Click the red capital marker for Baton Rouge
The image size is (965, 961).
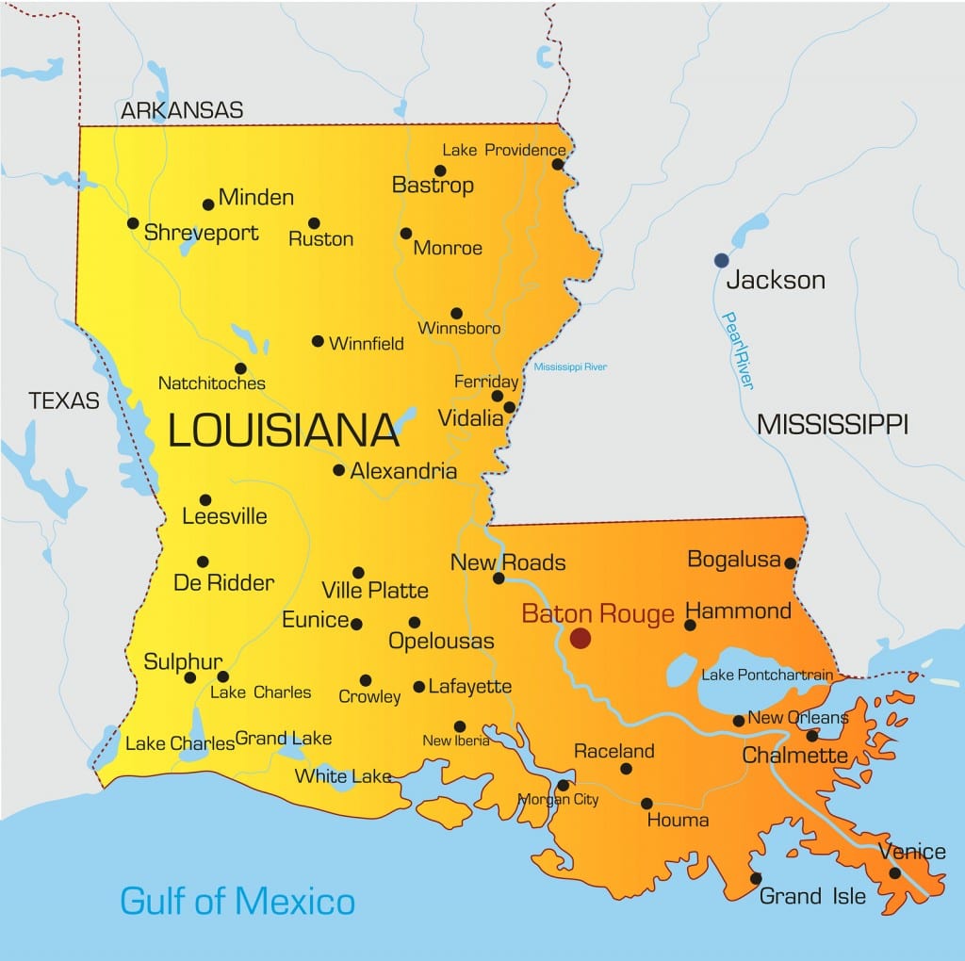pyautogui.click(x=580, y=639)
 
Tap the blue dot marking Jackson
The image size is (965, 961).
pyautogui.click(x=721, y=260)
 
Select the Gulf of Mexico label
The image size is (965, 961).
pyautogui.click(x=237, y=901)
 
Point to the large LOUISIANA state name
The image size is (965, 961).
pyautogui.click(x=284, y=431)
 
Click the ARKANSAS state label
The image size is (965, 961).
pyautogui.click(x=182, y=110)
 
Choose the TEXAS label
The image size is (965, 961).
pyautogui.click(x=64, y=400)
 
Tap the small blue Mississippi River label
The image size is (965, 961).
pyautogui.click(x=570, y=366)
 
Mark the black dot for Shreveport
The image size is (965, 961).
pyautogui.click(x=133, y=223)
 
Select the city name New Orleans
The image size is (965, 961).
pyautogui.click(x=797, y=718)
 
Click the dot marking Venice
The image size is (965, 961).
pyautogui.click(x=894, y=873)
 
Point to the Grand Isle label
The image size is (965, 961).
pyautogui.click(x=812, y=896)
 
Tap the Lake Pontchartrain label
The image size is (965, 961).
pyautogui.click(x=767, y=675)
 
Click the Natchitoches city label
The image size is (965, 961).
pyautogui.click(x=212, y=383)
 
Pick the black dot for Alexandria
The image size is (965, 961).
pyautogui.click(x=338, y=469)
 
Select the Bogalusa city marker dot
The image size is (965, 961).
pyautogui.click(x=790, y=563)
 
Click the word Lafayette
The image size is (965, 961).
pyautogui.click(x=469, y=687)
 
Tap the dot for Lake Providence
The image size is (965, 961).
pyautogui.click(x=557, y=164)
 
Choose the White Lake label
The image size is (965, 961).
pyautogui.click(x=343, y=776)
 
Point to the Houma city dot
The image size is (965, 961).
pyautogui.click(x=646, y=804)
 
